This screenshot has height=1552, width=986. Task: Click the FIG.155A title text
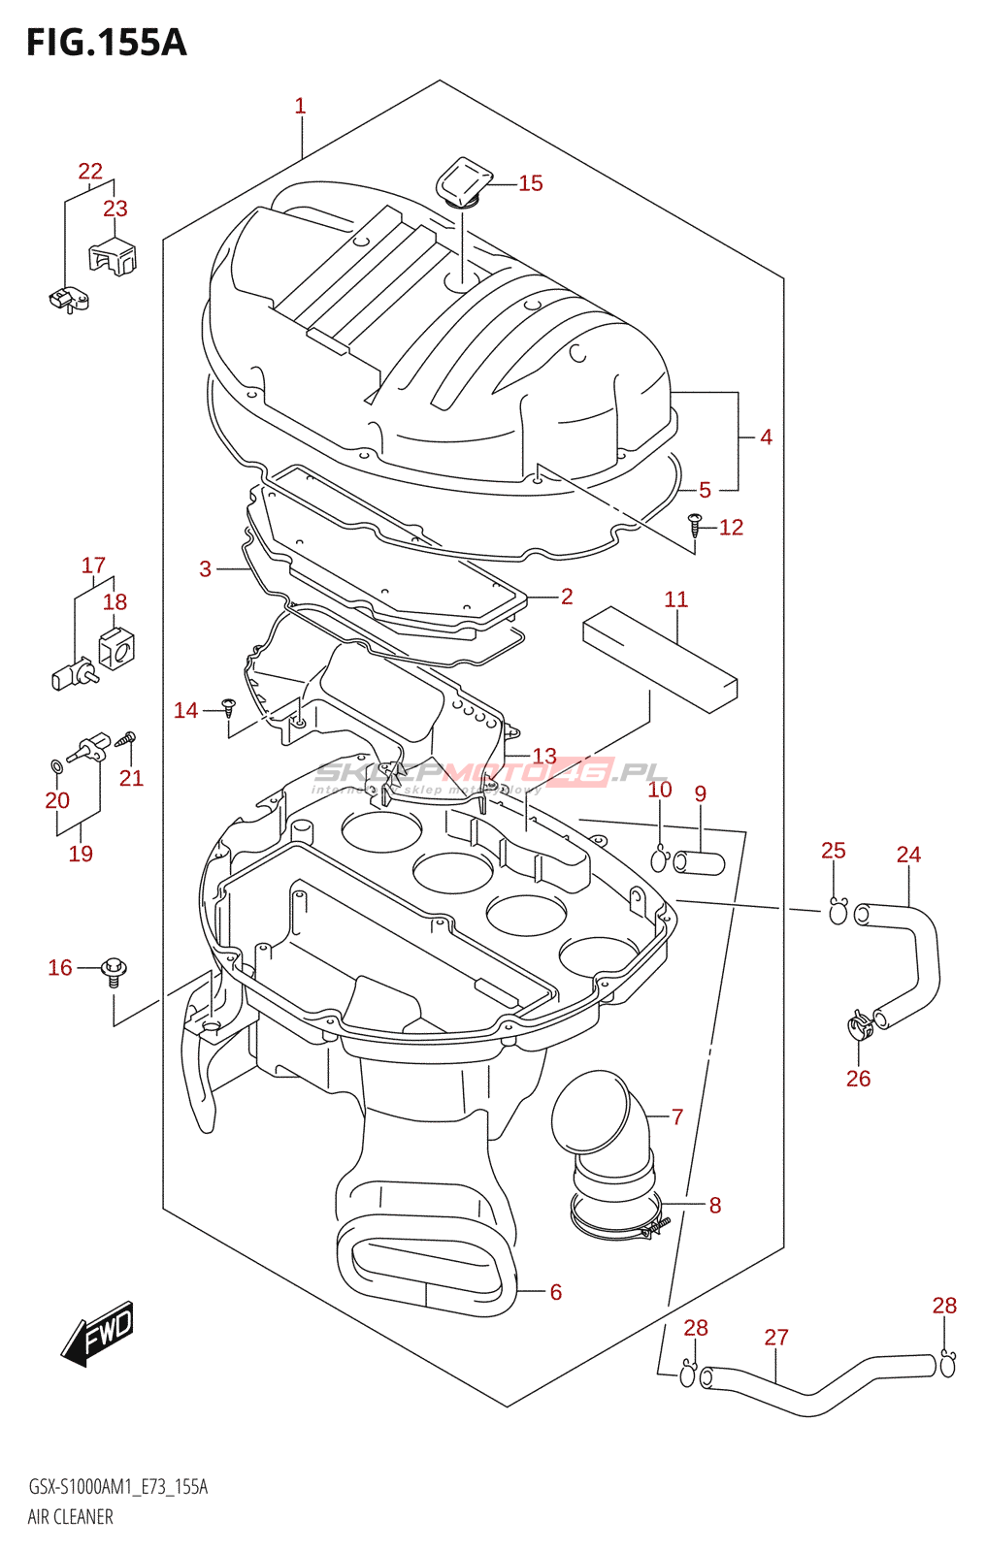click(x=106, y=43)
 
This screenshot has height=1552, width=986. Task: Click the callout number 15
click(x=530, y=183)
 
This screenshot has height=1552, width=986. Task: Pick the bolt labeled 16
click(x=115, y=970)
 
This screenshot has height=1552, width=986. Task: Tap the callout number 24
click(x=908, y=855)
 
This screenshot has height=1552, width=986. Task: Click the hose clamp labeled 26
click(x=859, y=1024)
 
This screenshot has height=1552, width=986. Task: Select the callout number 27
click(x=776, y=1338)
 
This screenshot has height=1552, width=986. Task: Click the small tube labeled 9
click(x=699, y=861)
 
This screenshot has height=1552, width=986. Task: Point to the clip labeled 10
click(x=660, y=858)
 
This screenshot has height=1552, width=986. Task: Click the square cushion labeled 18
click(x=116, y=649)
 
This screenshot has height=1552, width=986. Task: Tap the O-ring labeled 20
click(x=56, y=768)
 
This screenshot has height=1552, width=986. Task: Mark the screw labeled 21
click(x=126, y=740)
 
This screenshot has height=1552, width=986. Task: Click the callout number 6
click(x=556, y=1292)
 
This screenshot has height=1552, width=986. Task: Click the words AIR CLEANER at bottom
click(x=70, y=1517)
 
